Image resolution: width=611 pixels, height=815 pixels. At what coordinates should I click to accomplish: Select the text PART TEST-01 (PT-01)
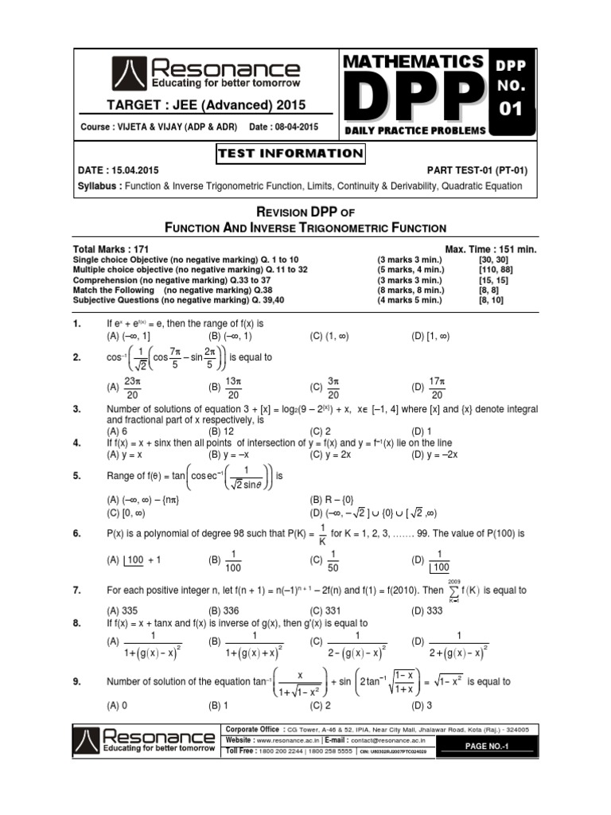(x=477, y=170)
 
